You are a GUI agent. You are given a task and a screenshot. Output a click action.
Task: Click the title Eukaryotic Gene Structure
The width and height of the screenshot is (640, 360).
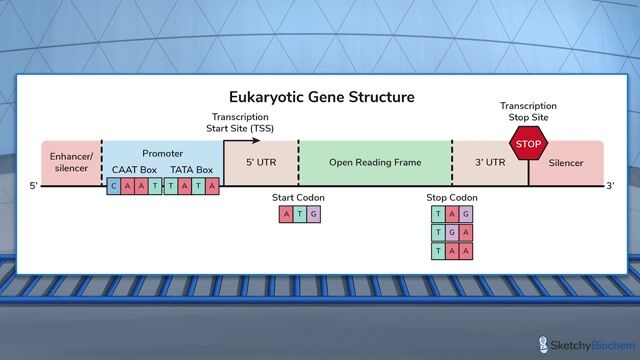coord(321,97)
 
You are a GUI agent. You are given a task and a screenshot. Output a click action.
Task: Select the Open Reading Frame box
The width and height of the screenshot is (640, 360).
coord(375,162)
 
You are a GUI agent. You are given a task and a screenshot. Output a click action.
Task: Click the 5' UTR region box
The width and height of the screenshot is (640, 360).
coord(260,162)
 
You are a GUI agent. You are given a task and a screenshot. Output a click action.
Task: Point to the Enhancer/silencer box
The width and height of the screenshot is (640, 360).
coord(70,162)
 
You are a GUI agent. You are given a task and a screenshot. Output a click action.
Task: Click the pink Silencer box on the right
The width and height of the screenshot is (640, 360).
coord(567,162)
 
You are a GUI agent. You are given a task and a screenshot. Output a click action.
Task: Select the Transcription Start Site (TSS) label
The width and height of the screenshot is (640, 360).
coord(243,123)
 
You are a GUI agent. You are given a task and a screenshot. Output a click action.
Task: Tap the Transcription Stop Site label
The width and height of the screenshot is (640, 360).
coord(528,111)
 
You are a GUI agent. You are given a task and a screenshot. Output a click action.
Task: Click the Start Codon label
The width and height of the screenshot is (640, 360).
coord(298,198)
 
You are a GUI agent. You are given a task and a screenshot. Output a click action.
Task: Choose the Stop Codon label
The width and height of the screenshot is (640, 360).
coord(451,198)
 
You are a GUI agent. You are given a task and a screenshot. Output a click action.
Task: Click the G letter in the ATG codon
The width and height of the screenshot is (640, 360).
coord(314,213)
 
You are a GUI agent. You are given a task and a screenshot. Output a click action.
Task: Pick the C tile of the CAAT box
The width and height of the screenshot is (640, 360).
coord(115,185)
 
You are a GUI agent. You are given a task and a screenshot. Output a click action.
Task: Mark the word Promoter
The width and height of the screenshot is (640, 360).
coord(162,154)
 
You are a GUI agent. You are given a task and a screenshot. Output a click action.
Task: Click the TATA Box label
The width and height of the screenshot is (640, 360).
coord(191,170)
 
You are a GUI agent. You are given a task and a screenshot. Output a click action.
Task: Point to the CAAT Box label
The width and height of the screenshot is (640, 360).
coord(134,170)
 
